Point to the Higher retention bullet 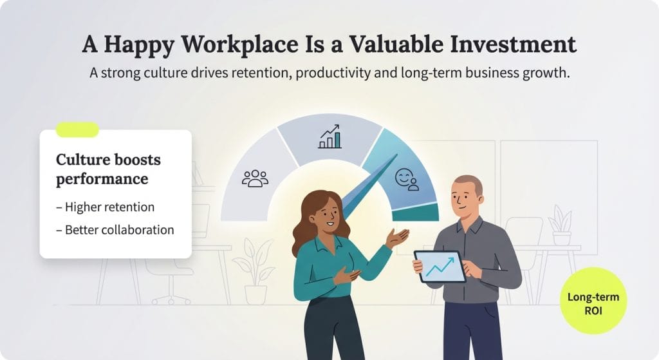coord(109,207)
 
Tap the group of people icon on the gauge coord(255,178)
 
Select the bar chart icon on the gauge coord(329,137)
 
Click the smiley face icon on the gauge coord(406,178)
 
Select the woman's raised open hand coord(397,238)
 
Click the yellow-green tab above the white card coord(77,129)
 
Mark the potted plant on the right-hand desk coord(561,225)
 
